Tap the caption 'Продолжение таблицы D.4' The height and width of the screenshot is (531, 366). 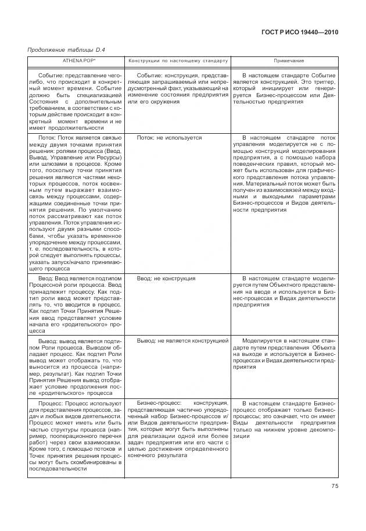[63, 49]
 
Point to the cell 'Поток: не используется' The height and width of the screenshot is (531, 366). [169, 138]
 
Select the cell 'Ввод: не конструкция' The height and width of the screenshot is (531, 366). [166, 279]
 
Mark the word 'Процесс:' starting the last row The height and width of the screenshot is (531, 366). [51, 402]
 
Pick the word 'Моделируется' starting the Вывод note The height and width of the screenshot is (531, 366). [260, 340]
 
